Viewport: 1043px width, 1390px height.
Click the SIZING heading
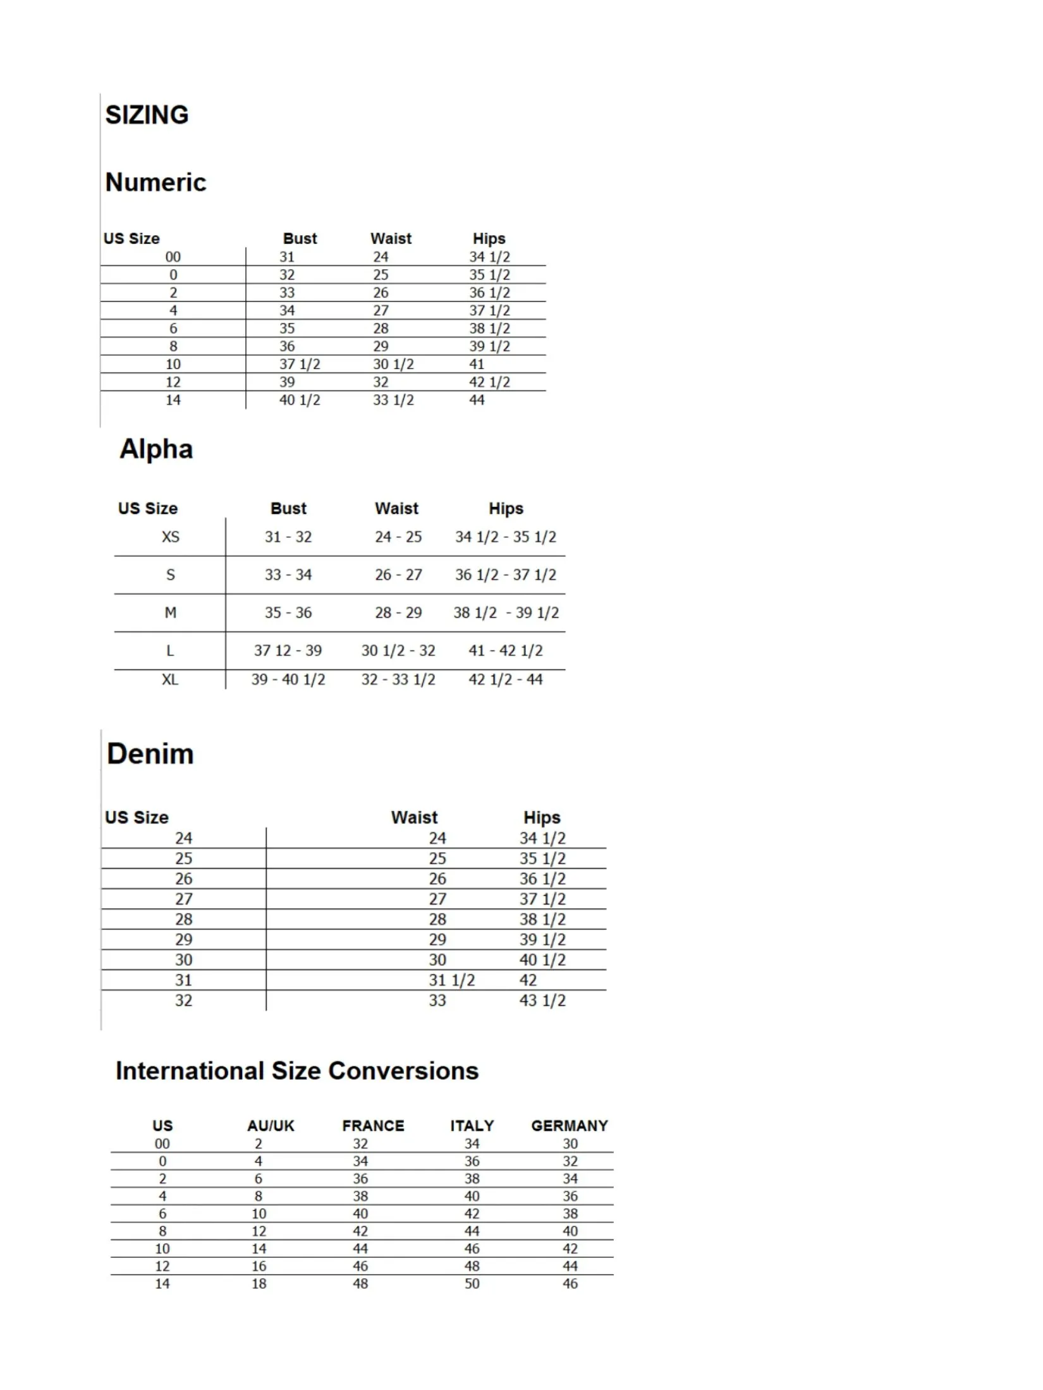(x=147, y=115)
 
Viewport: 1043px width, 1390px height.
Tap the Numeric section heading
(x=156, y=183)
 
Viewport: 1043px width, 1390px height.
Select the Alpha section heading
(x=156, y=449)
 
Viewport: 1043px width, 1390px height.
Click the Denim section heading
(x=150, y=754)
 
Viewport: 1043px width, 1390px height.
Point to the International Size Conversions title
(x=296, y=1071)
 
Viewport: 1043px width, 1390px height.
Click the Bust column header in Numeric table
(x=300, y=239)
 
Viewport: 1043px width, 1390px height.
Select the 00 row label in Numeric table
(x=173, y=257)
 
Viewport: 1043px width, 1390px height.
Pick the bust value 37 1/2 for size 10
(x=300, y=365)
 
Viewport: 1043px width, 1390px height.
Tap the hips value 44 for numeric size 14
(x=477, y=400)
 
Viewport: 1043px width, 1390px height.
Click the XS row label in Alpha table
(x=170, y=537)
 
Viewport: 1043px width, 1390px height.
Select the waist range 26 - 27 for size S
(x=398, y=575)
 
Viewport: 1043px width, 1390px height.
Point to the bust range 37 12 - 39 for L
(x=288, y=651)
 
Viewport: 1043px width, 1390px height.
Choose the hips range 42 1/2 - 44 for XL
(x=505, y=680)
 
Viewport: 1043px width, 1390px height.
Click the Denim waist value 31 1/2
(x=451, y=980)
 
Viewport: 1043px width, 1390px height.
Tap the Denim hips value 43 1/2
(x=542, y=1001)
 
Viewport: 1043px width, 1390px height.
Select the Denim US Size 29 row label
(x=183, y=940)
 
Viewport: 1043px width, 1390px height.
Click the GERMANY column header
(x=569, y=1126)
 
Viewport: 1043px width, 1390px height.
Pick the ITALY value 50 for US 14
(x=472, y=1284)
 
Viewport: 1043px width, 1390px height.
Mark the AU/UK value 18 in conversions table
(x=259, y=1284)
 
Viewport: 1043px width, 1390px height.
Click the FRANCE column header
(x=373, y=1126)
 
